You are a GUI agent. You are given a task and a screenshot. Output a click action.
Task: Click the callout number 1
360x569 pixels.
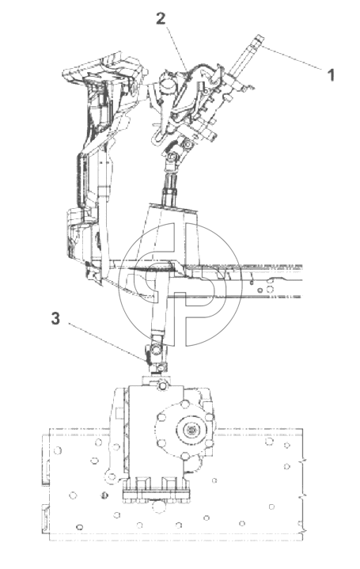point(330,75)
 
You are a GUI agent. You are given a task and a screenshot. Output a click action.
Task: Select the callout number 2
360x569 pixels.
point(161,18)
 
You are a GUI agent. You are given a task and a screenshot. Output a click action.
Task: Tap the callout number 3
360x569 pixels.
point(55,319)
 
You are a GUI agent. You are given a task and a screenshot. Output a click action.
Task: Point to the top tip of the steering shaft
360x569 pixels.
point(260,37)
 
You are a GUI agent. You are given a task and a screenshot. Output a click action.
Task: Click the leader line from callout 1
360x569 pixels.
point(293,58)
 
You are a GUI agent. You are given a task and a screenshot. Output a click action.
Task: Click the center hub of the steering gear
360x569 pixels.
point(190,431)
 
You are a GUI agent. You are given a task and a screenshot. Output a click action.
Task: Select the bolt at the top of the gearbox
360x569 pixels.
point(161,385)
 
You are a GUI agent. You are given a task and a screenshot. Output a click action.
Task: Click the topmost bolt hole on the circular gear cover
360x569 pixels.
point(184,404)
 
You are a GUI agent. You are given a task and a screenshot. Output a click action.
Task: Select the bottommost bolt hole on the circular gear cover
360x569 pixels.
point(184,456)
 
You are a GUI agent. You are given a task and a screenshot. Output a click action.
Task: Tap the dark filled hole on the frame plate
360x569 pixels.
point(104,495)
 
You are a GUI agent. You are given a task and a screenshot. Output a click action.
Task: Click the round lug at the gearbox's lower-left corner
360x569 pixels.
point(112,477)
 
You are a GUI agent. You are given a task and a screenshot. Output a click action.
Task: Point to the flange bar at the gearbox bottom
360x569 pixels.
point(157,495)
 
